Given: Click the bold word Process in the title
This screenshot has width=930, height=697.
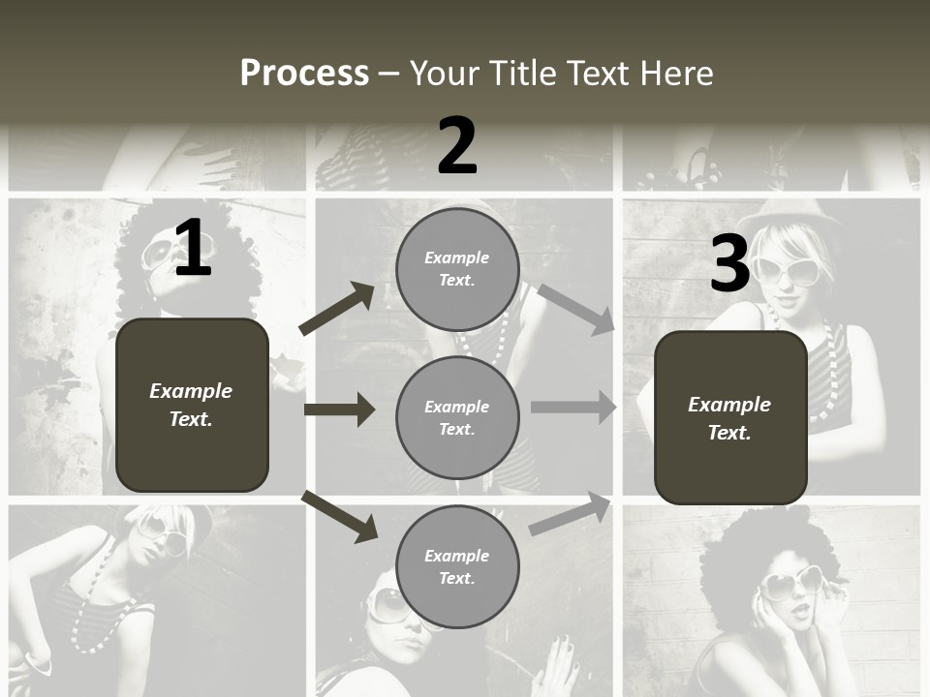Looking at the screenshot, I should coord(304,74).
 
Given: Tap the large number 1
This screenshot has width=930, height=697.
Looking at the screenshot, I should coord(193,249).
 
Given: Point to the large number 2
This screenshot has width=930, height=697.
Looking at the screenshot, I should coord(457,146).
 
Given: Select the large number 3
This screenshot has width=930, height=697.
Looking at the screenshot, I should coord(730,265).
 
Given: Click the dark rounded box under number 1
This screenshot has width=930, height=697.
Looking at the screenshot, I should coord(192,405).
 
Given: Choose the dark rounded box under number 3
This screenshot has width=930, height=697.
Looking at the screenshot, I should coord(730,418).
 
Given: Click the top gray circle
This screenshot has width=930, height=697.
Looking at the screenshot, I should coord(457,269).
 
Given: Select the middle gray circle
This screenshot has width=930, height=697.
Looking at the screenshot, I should coord(457,417).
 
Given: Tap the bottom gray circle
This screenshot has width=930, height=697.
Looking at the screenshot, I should coord(457,567).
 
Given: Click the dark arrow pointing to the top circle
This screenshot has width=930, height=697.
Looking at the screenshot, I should coord(336,309).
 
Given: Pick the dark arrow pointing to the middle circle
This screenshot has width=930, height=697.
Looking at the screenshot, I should coord(339,409).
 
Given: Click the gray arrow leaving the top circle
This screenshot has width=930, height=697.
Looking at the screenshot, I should coord(576,309).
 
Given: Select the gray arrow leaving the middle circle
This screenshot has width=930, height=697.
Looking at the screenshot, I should coord(573,408).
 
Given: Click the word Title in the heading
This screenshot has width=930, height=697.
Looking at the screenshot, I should coord(522,74).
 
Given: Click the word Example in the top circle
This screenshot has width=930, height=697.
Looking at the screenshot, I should coord(457,258).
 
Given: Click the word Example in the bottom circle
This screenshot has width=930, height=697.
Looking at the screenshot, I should coord(457,556).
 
